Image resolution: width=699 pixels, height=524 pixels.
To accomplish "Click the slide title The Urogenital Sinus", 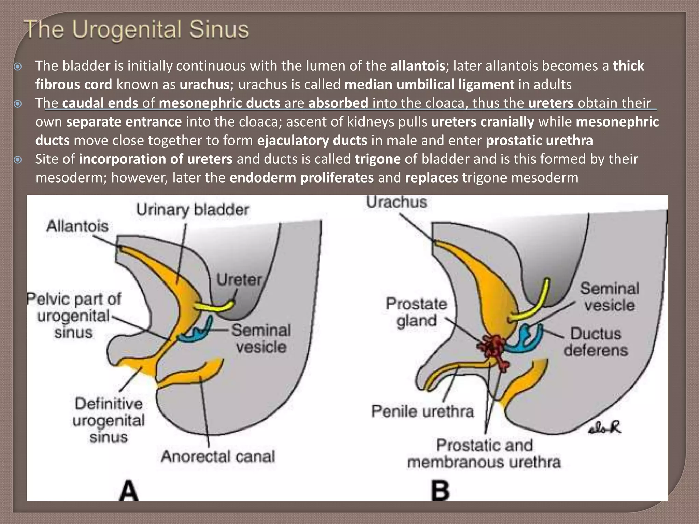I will coord(137,30).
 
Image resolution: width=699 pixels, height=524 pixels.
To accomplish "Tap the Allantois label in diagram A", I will coord(77,226).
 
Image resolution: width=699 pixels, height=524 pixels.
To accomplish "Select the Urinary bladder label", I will coord(192,209).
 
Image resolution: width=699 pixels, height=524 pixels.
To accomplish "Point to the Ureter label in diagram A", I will coord(239,280).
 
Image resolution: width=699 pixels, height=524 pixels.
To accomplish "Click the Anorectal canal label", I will coord(218,456).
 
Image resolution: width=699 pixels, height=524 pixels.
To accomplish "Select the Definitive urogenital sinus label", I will coord(109,420).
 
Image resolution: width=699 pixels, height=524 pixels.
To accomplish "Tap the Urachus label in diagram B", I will coord(396,202).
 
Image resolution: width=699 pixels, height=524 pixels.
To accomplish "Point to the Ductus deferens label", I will coord(596,342).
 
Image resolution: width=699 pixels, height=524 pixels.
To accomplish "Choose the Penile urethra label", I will coord(423,411).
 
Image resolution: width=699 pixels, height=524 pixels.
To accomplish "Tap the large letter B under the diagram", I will coord(440,491).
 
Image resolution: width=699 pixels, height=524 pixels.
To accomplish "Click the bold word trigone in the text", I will coord(377,159).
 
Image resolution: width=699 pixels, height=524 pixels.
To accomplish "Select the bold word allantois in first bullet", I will coord(418,66).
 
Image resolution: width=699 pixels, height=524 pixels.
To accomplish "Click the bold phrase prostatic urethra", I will coord(539,141).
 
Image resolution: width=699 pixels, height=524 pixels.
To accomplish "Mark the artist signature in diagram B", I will coord(604,428).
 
